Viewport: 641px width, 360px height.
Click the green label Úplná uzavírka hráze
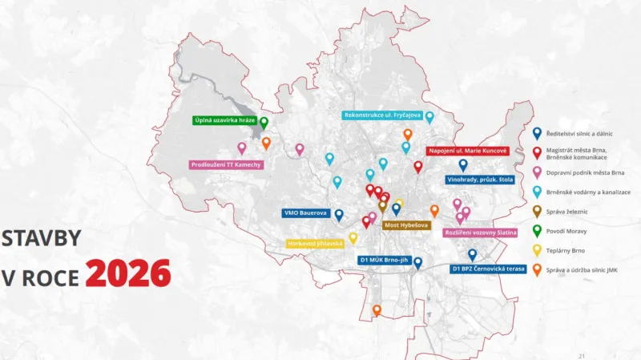click(x=224, y=121)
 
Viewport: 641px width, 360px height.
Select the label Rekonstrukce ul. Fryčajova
click(x=383, y=115)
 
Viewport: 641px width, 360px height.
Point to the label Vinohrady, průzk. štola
click(x=479, y=180)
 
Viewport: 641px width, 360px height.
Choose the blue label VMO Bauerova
click(x=305, y=213)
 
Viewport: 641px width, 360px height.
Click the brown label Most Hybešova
click(x=406, y=225)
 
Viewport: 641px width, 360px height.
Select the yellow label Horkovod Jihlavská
click(x=316, y=243)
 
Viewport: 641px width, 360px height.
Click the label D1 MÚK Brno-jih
click(x=382, y=261)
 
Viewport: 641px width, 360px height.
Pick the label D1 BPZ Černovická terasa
click(x=490, y=269)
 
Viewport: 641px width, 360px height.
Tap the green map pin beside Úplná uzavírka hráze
click(x=264, y=123)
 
